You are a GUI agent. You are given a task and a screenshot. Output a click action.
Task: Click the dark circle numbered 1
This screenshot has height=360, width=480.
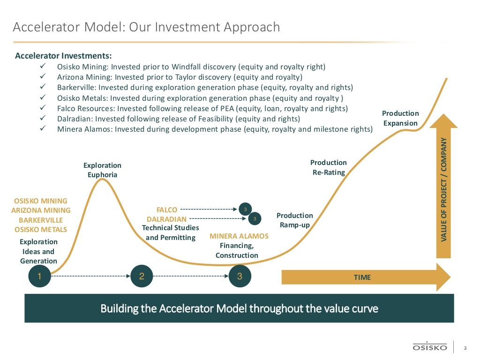[x=39, y=276]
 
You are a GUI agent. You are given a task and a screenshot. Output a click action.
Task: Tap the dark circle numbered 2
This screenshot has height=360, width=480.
[x=142, y=276]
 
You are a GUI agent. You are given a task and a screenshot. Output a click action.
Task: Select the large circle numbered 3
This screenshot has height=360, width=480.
[x=240, y=276]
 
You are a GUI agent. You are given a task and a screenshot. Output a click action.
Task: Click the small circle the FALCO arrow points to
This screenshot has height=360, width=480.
[x=245, y=210]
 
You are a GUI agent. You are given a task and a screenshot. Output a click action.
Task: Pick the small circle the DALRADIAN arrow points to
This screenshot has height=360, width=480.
[x=255, y=218]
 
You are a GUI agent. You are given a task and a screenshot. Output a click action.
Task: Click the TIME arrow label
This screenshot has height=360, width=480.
[x=362, y=277]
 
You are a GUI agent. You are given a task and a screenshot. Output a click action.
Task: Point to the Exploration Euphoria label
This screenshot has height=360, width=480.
[x=102, y=170]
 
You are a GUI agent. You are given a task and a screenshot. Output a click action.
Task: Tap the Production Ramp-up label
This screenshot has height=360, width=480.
[x=294, y=220]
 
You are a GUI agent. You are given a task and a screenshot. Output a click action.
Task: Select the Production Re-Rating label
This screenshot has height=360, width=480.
[x=329, y=167]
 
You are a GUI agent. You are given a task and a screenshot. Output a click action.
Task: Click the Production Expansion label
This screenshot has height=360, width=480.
[x=400, y=118]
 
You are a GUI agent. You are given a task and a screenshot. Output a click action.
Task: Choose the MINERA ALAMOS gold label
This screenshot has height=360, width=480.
[x=239, y=236]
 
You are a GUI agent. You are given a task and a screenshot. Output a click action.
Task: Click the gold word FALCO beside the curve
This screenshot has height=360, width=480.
[x=167, y=210]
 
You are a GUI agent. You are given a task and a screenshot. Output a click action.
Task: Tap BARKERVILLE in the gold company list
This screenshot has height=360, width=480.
[x=41, y=220]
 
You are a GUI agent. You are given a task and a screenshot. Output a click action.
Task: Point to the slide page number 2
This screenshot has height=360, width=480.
[x=465, y=348]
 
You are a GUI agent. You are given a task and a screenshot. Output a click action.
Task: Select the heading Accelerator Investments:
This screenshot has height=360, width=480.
[x=63, y=56]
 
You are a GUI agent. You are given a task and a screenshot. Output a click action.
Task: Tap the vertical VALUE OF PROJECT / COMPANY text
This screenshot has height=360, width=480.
[x=443, y=189]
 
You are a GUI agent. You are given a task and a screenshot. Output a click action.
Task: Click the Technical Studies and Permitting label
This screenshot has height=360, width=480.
[x=171, y=232]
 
